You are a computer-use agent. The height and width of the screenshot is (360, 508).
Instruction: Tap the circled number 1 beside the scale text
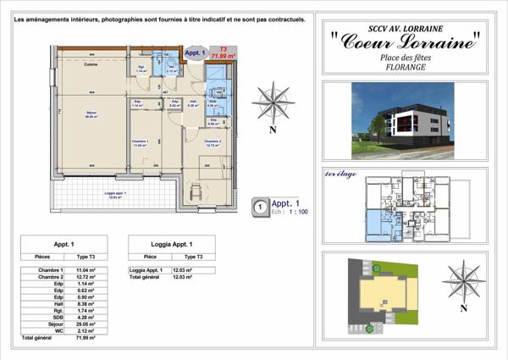coord(259,205)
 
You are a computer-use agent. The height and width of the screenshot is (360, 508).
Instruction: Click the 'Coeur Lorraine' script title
coord(405,41)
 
